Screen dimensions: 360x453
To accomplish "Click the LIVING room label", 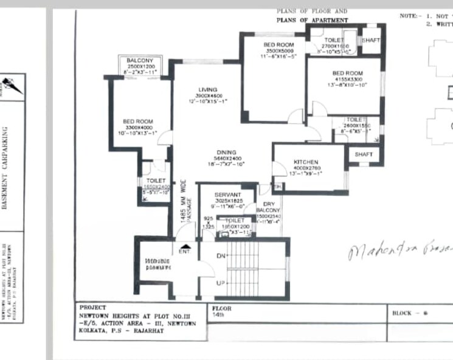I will tap(207, 90).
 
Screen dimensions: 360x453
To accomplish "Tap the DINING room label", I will tap(226, 153).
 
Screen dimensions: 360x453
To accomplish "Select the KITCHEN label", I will tap(306, 162).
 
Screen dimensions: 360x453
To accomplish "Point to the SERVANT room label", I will tap(227, 195).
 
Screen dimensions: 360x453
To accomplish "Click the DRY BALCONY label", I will tap(268, 208).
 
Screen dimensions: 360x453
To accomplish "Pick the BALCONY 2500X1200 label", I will tap(139, 61).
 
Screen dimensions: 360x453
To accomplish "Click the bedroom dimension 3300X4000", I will tap(137, 127).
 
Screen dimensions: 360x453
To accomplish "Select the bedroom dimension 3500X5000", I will tap(278, 50).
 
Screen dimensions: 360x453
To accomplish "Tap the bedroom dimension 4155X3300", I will tap(347, 79).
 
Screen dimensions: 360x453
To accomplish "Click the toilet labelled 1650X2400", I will tap(156, 187).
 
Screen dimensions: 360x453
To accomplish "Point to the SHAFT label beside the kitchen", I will tap(364, 154).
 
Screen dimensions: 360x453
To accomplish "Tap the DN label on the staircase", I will tap(221, 256).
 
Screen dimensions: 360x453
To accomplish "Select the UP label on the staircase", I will tap(221, 284).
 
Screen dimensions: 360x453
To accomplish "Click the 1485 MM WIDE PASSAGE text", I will tap(185, 201).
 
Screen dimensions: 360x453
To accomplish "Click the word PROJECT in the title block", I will tap(92, 308).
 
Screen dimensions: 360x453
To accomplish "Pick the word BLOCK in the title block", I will tap(402, 313).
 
